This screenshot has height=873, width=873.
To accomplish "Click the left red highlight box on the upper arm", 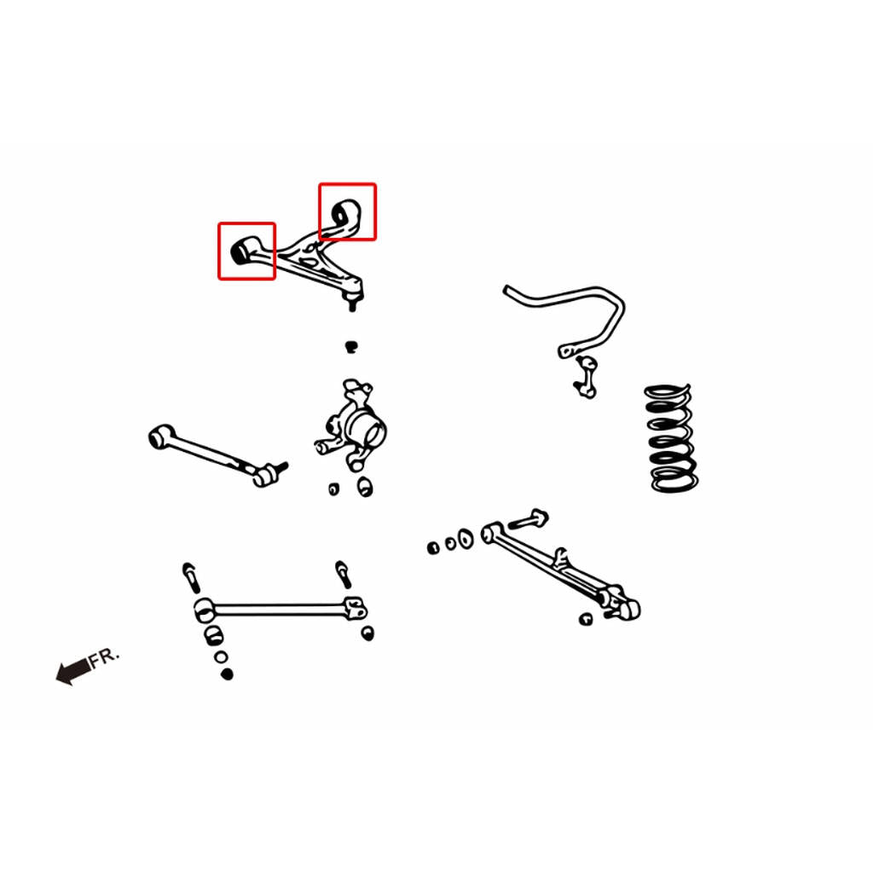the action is [x=219, y=251].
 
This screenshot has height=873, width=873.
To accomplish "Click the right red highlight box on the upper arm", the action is [x=320, y=211].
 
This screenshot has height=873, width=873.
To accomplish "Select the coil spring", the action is [x=672, y=438].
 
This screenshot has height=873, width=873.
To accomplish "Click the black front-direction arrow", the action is [x=73, y=671].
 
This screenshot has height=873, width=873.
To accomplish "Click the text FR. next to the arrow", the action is [x=103, y=657].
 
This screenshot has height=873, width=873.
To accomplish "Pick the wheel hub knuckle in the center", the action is [x=351, y=426].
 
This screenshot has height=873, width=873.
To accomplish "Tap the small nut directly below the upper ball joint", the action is [x=350, y=347].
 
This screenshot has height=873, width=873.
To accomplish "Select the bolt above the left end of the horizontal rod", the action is [x=190, y=577].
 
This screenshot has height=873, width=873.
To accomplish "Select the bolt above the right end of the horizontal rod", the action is [x=343, y=574].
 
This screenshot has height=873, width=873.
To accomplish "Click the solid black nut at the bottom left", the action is [x=227, y=674].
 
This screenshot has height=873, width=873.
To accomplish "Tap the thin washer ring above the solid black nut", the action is [x=221, y=657].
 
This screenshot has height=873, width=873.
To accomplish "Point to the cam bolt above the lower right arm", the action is [x=529, y=519].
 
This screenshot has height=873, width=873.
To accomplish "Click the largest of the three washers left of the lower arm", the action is [x=465, y=539].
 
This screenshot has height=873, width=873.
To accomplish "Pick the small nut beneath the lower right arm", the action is [x=585, y=619].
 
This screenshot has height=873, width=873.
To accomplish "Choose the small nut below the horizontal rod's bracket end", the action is [x=367, y=633].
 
